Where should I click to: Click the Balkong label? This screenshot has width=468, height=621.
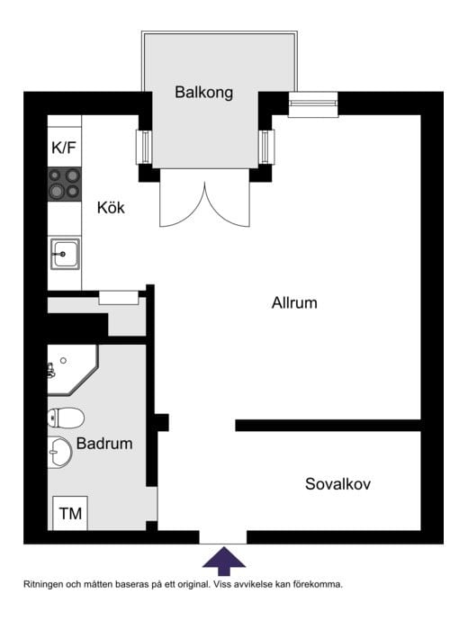(204, 93)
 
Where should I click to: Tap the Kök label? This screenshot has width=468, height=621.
(111, 208)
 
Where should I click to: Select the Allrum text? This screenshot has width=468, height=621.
(294, 303)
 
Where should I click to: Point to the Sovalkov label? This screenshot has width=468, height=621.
(337, 484)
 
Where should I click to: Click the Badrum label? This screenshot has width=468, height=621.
(104, 444)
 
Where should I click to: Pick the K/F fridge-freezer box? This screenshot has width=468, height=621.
(65, 147)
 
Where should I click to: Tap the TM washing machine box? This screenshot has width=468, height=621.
(70, 513)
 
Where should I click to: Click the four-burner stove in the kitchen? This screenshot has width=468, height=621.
(65, 184)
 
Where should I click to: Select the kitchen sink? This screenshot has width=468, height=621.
(65, 254)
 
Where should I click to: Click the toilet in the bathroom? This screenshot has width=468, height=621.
(66, 418)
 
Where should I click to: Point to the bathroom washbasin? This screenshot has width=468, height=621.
(59, 453)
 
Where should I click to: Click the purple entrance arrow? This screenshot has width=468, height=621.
(224, 562)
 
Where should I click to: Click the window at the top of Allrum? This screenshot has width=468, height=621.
(313, 104)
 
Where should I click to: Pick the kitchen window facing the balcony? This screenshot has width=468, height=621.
(144, 147)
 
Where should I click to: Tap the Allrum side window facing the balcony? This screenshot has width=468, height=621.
(266, 147)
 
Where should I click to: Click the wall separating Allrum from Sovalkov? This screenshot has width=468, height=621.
(328, 426)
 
